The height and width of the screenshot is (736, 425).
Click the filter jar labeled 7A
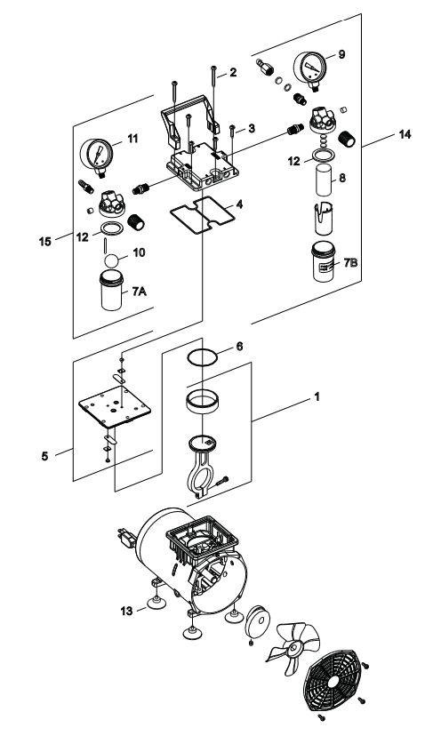(112, 292)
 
